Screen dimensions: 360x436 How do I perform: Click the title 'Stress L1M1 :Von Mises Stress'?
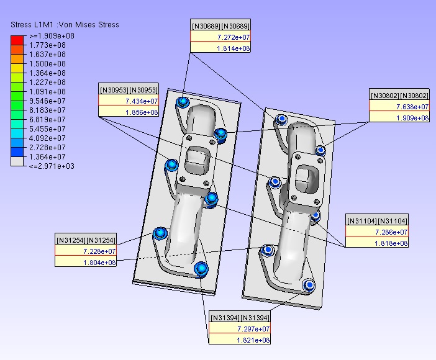[65, 25]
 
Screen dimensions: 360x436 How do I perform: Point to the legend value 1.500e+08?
[48, 64]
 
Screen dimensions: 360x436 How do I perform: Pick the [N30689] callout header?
[220, 26]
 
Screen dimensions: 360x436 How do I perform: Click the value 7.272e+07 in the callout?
[234, 37]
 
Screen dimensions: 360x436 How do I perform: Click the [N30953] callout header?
[129, 90]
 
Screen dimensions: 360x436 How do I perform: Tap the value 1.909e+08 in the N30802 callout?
[412, 118]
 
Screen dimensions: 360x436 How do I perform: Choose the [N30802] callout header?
[399, 96]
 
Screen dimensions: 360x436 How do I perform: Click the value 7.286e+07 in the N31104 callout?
[391, 232]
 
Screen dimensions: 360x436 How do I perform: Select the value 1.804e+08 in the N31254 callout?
[99, 263]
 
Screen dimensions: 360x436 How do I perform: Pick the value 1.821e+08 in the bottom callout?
[253, 340]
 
